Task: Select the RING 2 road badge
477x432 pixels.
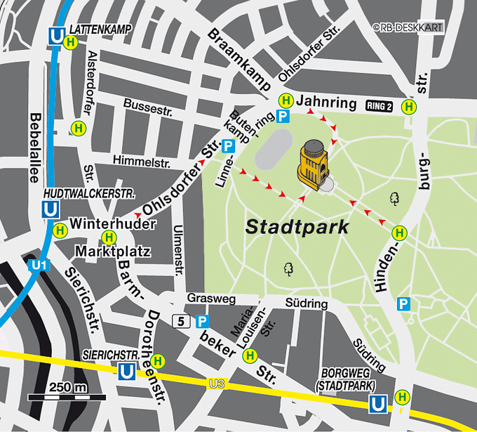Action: [x=379, y=106]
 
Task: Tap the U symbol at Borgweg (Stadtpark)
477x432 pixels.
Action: [x=377, y=404]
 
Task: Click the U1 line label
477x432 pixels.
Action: [x=39, y=265]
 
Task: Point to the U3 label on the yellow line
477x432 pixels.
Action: [x=217, y=383]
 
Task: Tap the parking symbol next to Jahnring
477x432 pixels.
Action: [x=283, y=117]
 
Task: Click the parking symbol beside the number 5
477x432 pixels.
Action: [x=202, y=321]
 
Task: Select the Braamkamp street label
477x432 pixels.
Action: [x=238, y=60]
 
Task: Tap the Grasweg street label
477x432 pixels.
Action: [x=211, y=299]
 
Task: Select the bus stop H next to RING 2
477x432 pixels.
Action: [x=408, y=106]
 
